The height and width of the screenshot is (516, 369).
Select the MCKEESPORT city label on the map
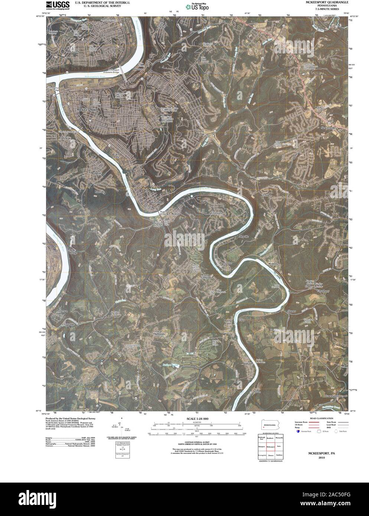click(x=87, y=110)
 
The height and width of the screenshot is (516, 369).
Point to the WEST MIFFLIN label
click(x=73, y=50)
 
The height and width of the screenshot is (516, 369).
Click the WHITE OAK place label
click(x=200, y=133)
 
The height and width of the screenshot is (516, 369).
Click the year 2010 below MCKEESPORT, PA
click(x=320, y=458)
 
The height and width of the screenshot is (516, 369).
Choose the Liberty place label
click(x=97, y=173)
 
